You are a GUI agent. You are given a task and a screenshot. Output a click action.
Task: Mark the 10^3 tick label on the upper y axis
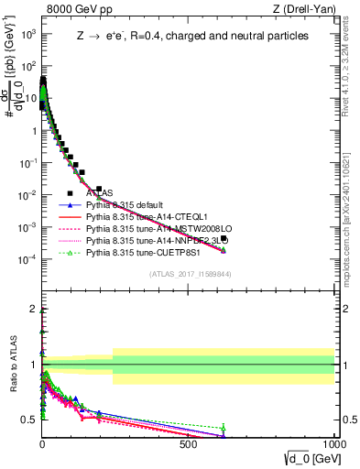27,35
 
